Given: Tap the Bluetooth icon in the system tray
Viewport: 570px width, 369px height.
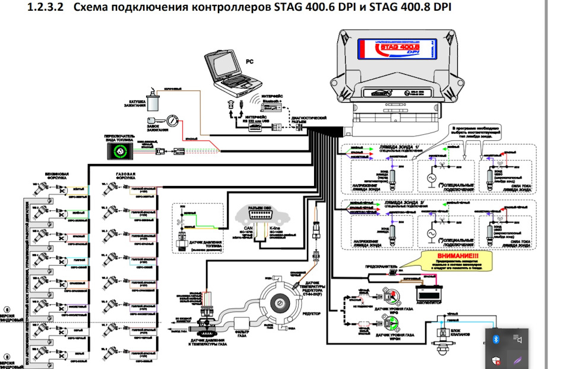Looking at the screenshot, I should (496, 338).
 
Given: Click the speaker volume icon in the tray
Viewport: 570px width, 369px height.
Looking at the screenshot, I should (518, 339).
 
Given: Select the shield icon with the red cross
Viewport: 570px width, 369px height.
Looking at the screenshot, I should (496, 358).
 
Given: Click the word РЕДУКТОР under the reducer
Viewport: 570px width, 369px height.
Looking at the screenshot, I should (311, 313).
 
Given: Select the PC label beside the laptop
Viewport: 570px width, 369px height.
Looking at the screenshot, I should (249, 61).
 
